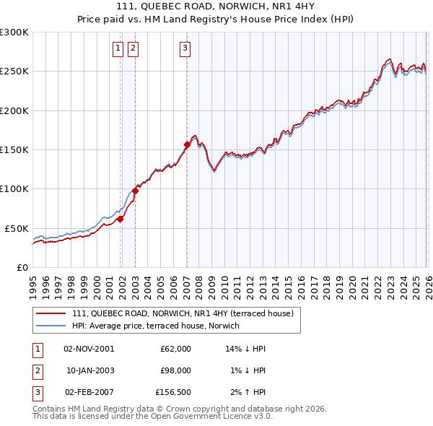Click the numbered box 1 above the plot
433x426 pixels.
pos(118,48)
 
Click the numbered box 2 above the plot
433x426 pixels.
pos(134,48)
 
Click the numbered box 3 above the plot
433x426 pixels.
pos(185,48)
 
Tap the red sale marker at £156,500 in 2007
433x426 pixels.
pos(187,144)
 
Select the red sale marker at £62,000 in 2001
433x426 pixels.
pos(120,219)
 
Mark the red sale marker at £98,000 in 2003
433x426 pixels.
pos(135,191)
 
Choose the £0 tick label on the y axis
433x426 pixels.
pos(21,267)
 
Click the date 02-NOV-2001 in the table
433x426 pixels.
pos(89,349)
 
